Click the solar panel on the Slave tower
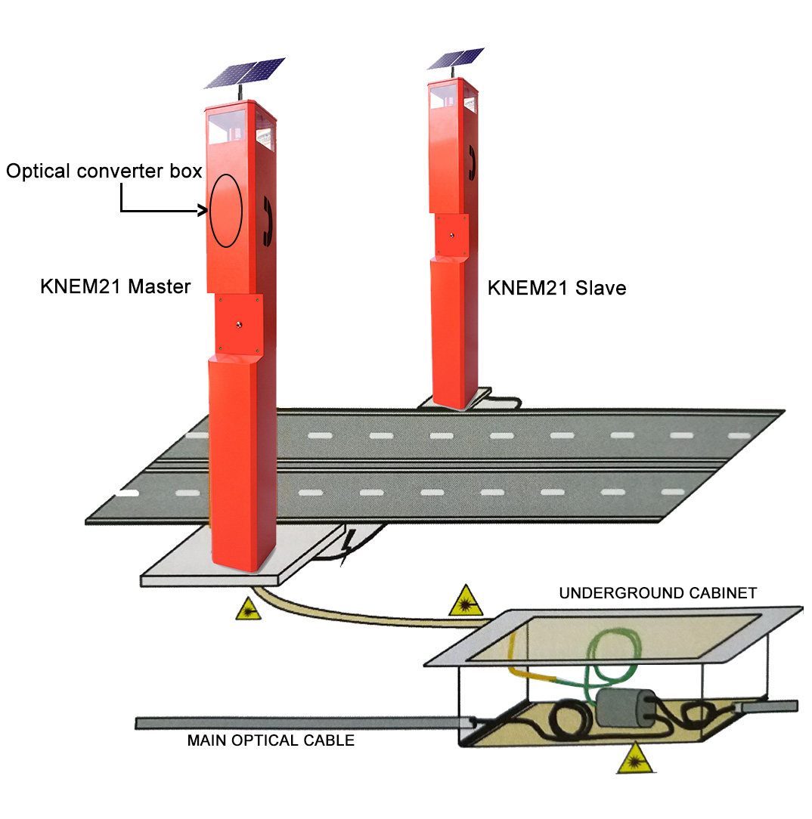click(455, 59)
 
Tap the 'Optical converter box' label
click(104, 172)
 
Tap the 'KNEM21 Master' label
click(115, 287)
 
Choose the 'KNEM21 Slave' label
click(556, 288)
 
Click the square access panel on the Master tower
click(239, 324)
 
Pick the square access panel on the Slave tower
click(451, 236)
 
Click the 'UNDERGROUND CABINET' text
click(657, 593)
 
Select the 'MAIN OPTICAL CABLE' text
click(271, 740)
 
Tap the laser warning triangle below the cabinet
click(631, 761)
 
